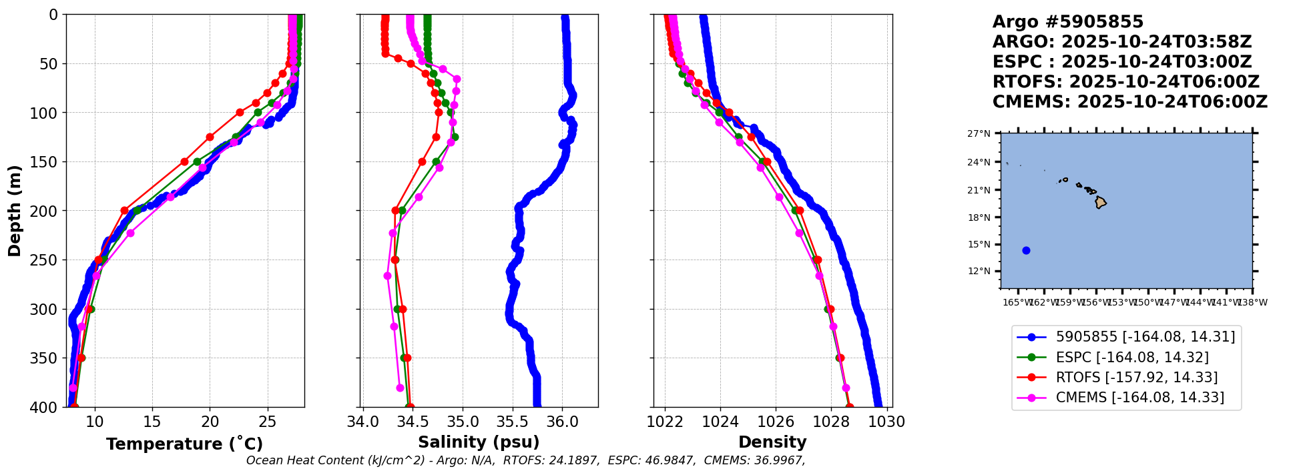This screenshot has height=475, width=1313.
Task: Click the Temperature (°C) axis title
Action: coord(184,444)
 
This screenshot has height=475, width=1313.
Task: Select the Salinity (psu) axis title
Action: coord(479,442)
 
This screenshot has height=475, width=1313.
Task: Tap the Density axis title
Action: coord(772,442)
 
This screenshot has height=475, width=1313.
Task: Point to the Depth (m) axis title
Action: coord(15,211)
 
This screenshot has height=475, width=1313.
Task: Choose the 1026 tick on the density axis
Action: coord(776,422)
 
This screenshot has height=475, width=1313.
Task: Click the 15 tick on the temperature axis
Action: coord(152,422)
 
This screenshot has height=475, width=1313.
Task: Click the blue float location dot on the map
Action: coord(1026,250)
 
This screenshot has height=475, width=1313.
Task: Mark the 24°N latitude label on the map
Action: coord(979,162)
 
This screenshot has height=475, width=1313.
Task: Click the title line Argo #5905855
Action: coord(1068,22)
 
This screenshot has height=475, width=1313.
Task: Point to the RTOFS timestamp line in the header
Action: coord(1125,82)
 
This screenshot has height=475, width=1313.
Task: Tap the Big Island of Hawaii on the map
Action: coord(1101,202)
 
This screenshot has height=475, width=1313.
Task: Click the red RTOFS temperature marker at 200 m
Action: coord(124,210)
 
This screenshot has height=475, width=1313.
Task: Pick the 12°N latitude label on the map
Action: coord(979,271)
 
